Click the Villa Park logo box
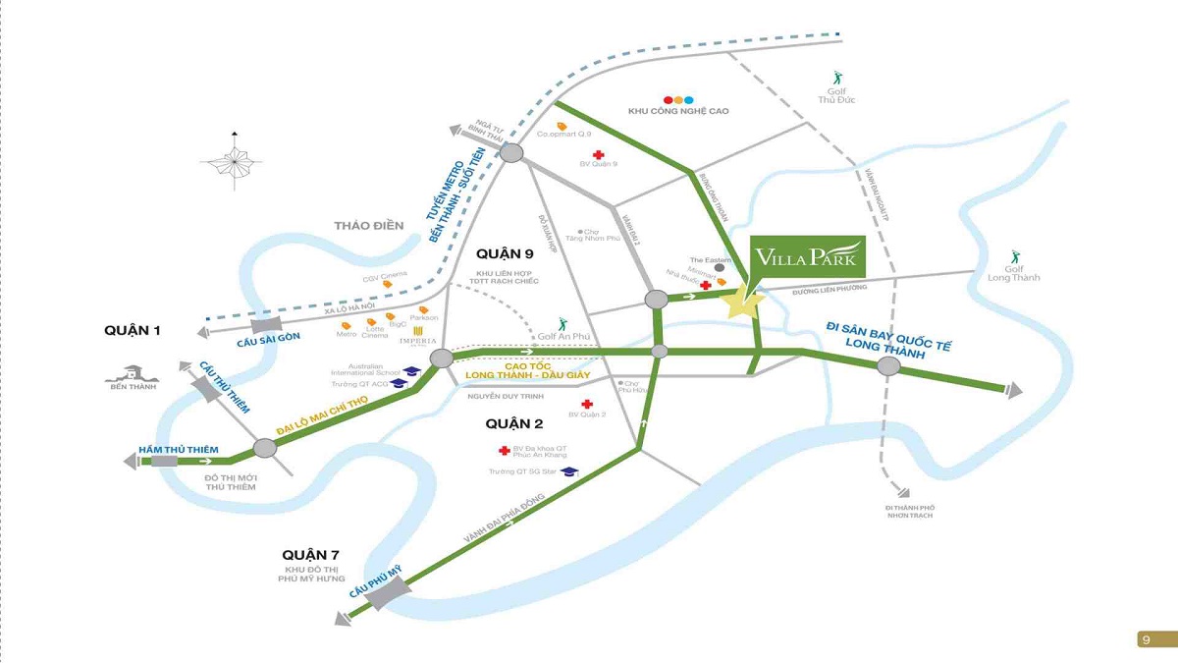pyautogui.click(x=807, y=257)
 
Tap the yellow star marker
pyautogui.click(x=743, y=303)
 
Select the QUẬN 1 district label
pyautogui.click(x=133, y=331)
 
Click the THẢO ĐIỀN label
pyautogui.click(x=368, y=226)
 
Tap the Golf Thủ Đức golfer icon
pyautogui.click(x=836, y=78)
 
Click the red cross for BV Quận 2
pyautogui.click(x=587, y=404)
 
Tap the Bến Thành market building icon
pyautogui.click(x=134, y=373)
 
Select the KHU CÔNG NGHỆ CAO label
pyautogui.click(x=678, y=112)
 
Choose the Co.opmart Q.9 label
pyautogui.click(x=564, y=135)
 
